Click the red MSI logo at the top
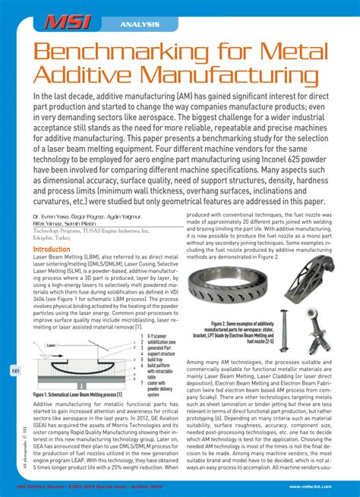(68, 23)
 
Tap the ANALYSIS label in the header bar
(139, 25)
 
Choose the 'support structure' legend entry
(160, 353)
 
